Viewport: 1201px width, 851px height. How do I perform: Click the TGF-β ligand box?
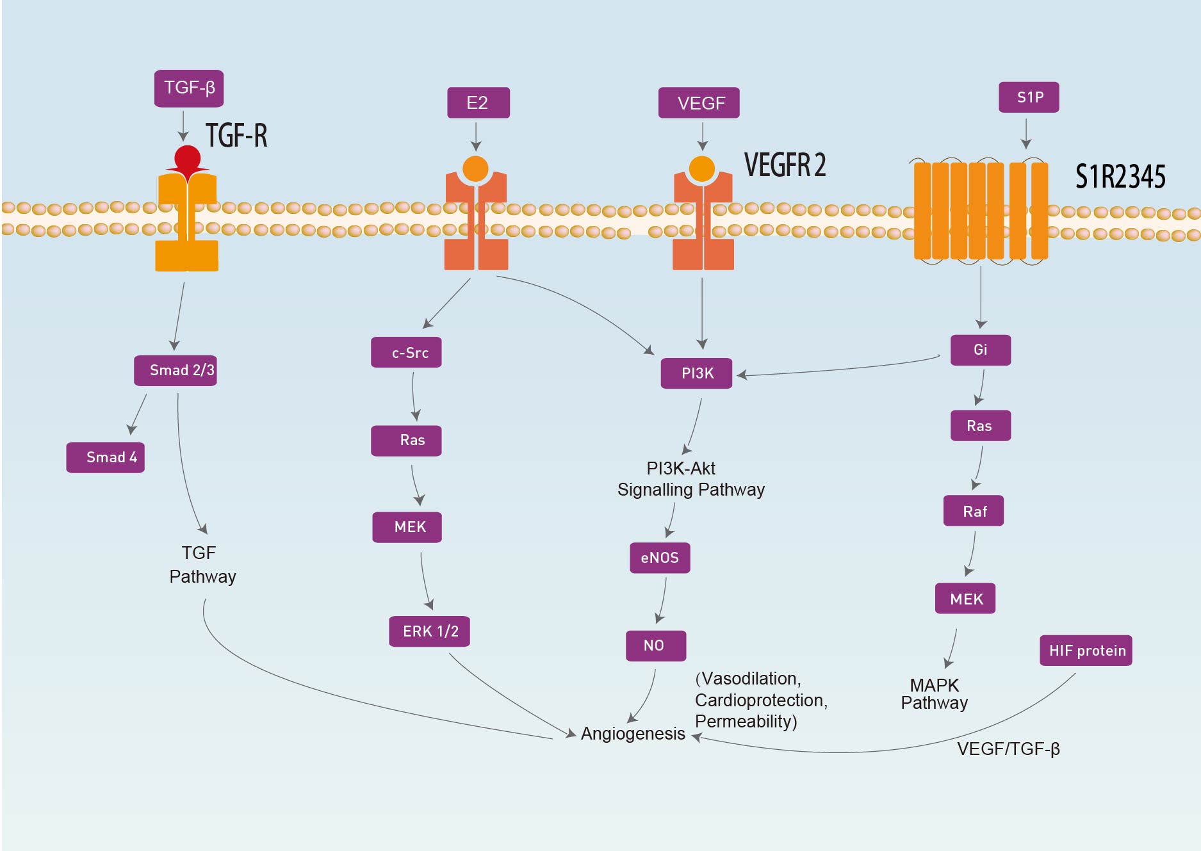(189, 88)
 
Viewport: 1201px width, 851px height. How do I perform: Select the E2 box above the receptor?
(478, 103)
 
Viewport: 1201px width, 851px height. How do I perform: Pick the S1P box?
(1029, 97)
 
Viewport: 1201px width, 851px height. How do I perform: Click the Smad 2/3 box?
(176, 371)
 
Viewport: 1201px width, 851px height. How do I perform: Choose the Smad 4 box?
(106, 458)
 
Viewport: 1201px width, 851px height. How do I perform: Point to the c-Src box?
(406, 353)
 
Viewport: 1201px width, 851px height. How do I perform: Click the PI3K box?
(696, 373)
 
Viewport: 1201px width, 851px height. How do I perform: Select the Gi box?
(981, 350)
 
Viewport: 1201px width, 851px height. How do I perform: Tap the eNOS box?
(660, 558)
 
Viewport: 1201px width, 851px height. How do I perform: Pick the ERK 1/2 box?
(430, 631)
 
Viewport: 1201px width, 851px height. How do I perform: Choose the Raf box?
(974, 511)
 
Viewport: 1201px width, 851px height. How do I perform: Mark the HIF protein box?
(1086, 651)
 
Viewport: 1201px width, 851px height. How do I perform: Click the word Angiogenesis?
(633, 734)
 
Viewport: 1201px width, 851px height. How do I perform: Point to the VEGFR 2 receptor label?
(785, 165)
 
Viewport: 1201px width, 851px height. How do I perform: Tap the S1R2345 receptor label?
(1120, 177)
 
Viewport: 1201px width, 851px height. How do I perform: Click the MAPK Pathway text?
(934, 694)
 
